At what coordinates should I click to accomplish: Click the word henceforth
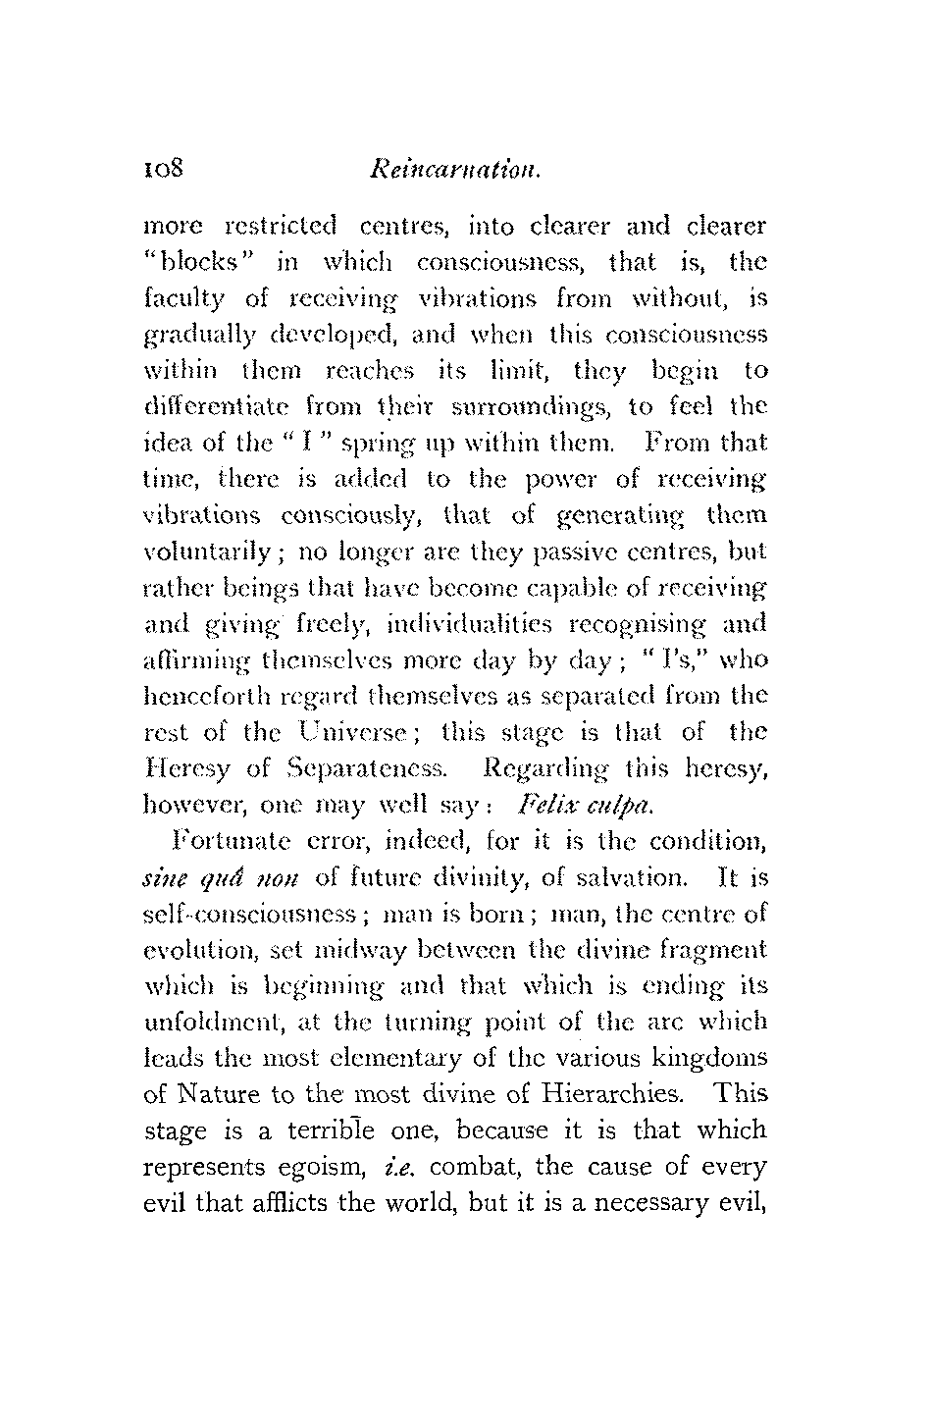click(199, 696)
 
